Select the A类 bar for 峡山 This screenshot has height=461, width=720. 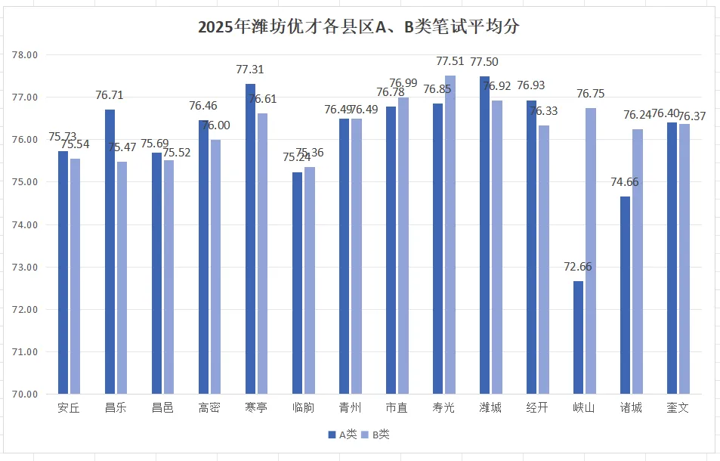coord(579,337)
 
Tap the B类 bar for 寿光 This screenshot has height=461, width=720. coord(450,234)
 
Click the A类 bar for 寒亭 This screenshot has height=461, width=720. coord(251,239)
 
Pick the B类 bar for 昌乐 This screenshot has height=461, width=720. coord(122,277)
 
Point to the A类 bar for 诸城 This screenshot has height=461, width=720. coord(626,295)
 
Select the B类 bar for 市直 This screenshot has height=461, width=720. coord(403,246)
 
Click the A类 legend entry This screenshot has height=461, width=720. coord(342,435)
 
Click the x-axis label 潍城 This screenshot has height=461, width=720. coord(490,408)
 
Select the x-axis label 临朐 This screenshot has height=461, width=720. coord(303,408)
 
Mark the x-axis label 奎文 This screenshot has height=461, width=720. coord(678,408)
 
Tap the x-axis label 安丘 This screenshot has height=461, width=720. coord(69,408)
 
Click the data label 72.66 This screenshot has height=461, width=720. coord(577,267)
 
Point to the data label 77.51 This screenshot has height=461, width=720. coord(451,61)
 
